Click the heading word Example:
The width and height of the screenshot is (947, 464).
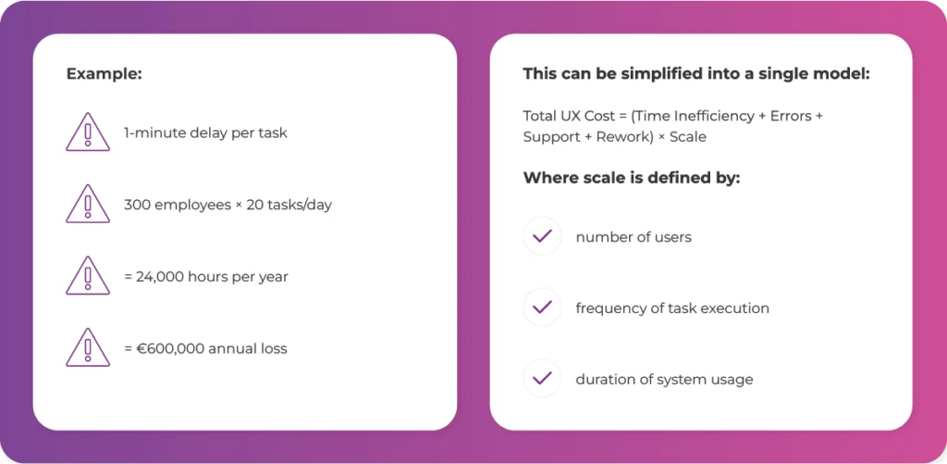(x=104, y=74)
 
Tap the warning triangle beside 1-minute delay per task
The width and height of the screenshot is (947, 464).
(x=88, y=132)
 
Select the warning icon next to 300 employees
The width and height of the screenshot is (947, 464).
(x=88, y=203)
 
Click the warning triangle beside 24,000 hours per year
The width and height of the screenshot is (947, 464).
(x=88, y=275)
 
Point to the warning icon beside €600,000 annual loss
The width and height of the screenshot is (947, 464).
(x=88, y=347)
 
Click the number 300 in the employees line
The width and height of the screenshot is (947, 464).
(x=135, y=205)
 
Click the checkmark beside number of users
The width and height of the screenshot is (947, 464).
(x=542, y=236)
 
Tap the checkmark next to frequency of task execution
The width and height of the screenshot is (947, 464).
(x=542, y=307)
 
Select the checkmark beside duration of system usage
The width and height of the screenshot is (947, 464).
(x=542, y=379)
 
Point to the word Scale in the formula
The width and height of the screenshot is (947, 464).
(x=688, y=137)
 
